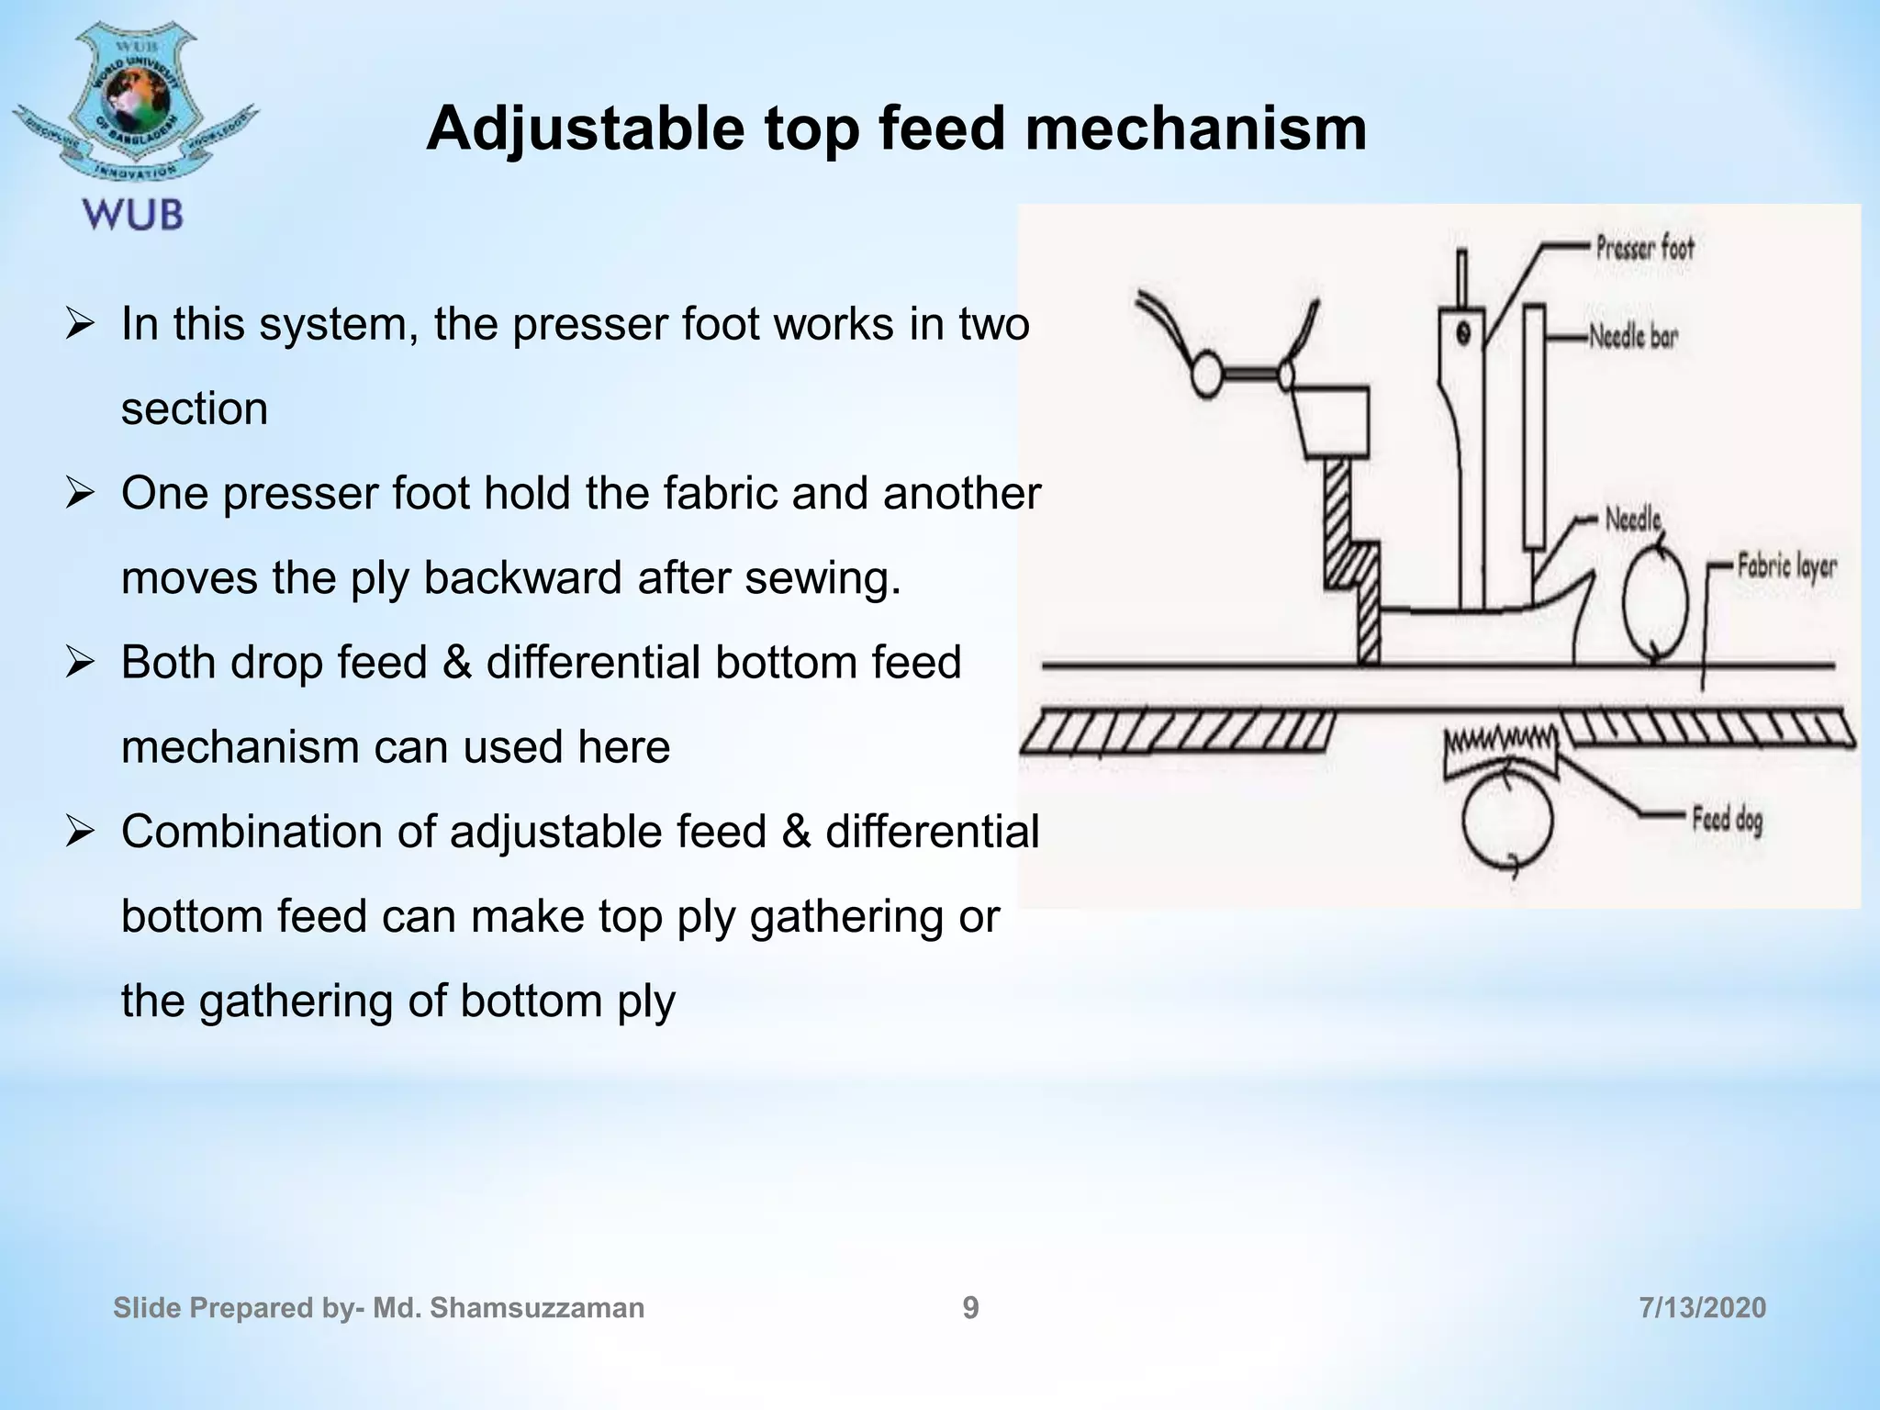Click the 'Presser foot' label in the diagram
click(1644, 248)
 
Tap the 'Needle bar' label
click(1633, 337)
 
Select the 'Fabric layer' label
click(1786, 566)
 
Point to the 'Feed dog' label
click(1728, 819)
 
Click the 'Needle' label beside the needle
click(1633, 520)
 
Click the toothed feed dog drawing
click(1501, 748)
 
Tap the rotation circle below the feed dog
click(1507, 820)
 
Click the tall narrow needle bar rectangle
click(1533, 427)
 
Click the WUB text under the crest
click(134, 215)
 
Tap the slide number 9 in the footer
click(970, 1308)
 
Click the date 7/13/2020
click(1702, 1308)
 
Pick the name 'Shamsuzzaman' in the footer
click(537, 1308)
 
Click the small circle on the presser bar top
click(1463, 332)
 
